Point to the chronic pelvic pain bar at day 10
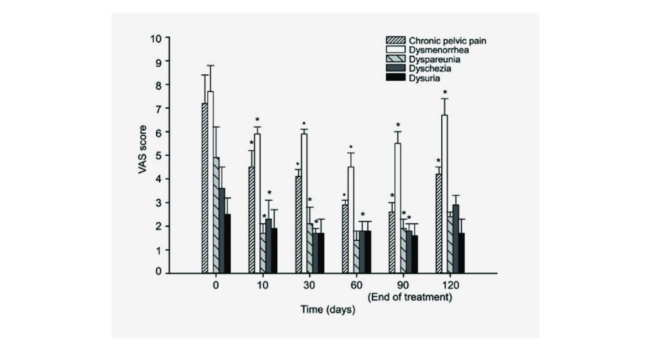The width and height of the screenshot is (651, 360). pos(252,220)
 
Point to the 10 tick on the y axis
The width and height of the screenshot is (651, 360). pos(156,38)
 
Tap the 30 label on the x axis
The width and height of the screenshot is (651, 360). pos(310,286)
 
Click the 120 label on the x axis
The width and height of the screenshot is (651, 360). pos(450,286)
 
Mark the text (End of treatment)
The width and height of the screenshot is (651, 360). pos(410,297)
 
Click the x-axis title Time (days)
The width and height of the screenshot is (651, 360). pos(327,310)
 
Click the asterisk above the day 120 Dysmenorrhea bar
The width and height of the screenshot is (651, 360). pos(445,92)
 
